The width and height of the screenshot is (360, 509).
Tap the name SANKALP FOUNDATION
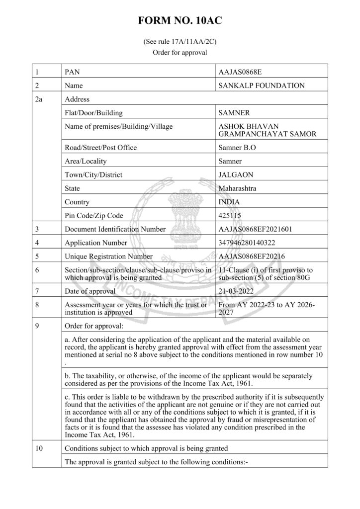point(262,85)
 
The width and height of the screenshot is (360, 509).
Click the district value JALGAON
point(236,175)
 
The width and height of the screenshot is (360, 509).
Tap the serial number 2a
point(40,99)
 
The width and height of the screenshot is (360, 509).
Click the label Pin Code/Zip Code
point(94,216)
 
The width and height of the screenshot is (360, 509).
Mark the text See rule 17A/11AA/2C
point(180,42)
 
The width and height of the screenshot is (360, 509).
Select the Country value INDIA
point(229,202)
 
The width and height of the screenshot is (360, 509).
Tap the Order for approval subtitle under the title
point(180,52)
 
